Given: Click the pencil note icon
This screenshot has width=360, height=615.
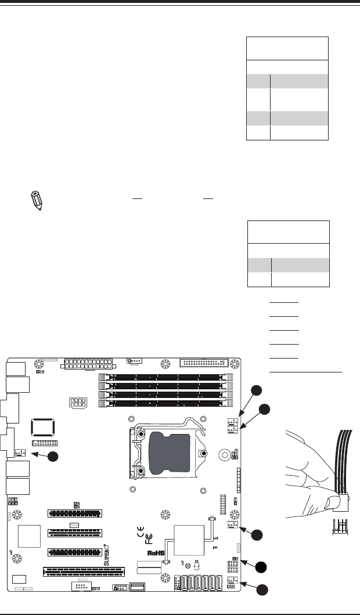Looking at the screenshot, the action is coord(35,200).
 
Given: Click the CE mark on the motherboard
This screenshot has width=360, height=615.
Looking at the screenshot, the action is coord(140,529).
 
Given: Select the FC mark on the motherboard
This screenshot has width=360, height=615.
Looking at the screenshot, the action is coord(149,539).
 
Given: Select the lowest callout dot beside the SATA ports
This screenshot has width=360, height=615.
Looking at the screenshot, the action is coord(262,590).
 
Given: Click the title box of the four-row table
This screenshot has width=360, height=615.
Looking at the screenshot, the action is coord(287,48).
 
